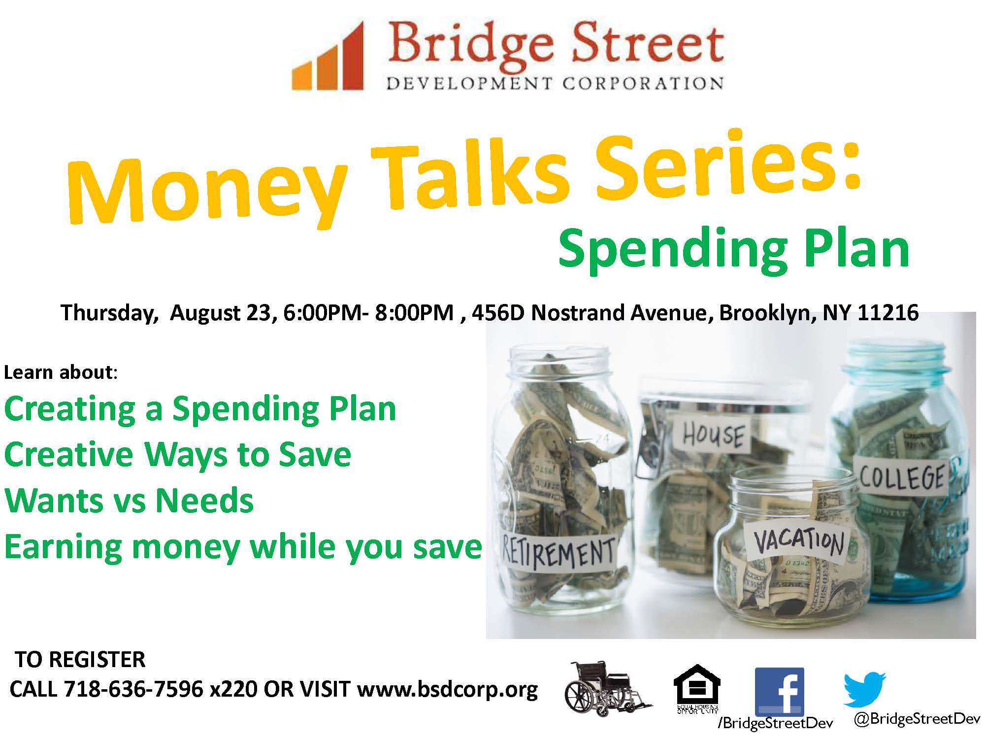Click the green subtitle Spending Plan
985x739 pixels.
(x=733, y=250)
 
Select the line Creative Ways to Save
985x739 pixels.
(x=178, y=454)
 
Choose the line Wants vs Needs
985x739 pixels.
(x=129, y=501)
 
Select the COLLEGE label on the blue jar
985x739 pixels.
(x=902, y=475)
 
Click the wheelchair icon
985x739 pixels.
(x=608, y=690)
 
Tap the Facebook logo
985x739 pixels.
(x=779, y=691)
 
